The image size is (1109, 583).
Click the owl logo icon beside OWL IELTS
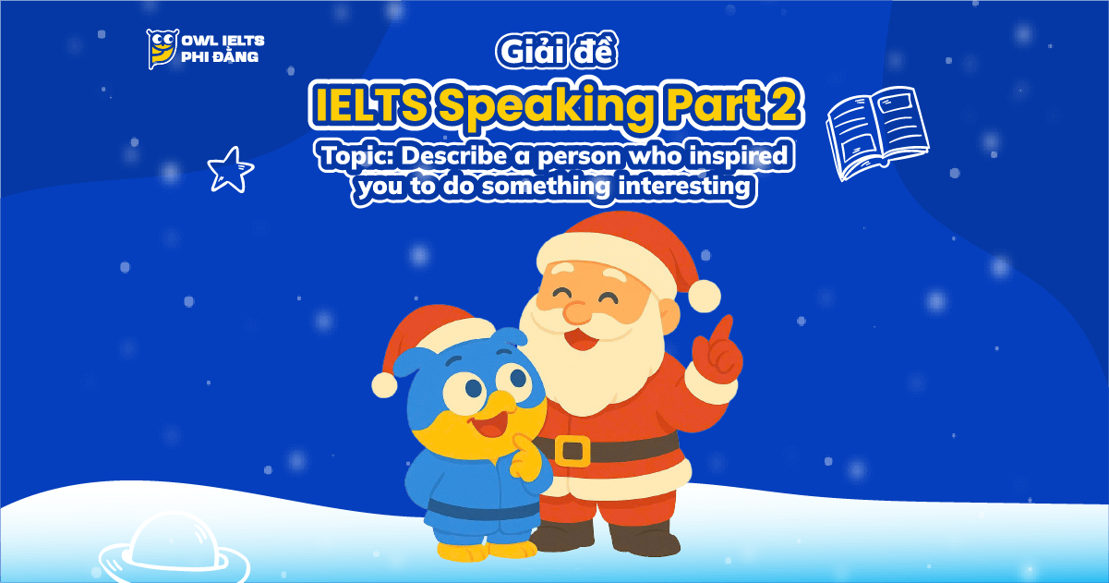pos(162,48)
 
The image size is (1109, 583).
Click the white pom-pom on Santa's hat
pos(704,295)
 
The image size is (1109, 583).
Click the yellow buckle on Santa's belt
pos(573,450)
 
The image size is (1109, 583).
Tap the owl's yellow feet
pos(480,551)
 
